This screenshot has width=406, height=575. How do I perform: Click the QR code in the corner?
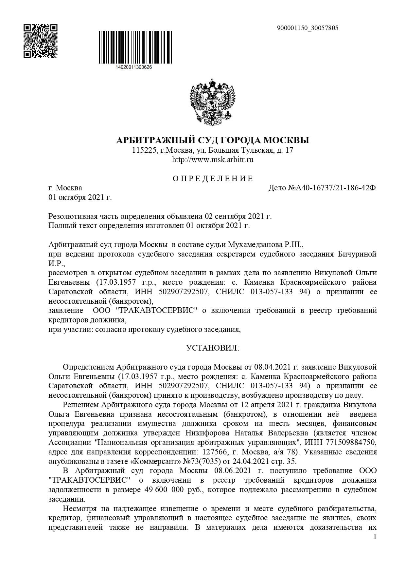pyautogui.click(x=41, y=41)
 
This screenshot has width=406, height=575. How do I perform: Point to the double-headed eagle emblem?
pyautogui.click(x=213, y=102)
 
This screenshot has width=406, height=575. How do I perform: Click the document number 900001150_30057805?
pyautogui.click(x=308, y=28)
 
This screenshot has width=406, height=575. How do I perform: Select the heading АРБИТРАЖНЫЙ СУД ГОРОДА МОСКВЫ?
pyautogui.click(x=213, y=141)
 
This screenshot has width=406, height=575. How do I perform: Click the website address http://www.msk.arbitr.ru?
pyautogui.click(x=213, y=160)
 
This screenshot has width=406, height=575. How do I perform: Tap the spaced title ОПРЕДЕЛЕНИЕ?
pyautogui.click(x=213, y=179)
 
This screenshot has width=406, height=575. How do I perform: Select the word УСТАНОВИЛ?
pyautogui.click(x=213, y=348)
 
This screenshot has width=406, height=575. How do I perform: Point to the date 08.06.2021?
pyautogui.click(x=232, y=471)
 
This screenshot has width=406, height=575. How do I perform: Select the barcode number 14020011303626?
pyautogui.click(x=134, y=67)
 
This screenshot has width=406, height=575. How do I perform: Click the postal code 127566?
pyautogui.click(x=214, y=452)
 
